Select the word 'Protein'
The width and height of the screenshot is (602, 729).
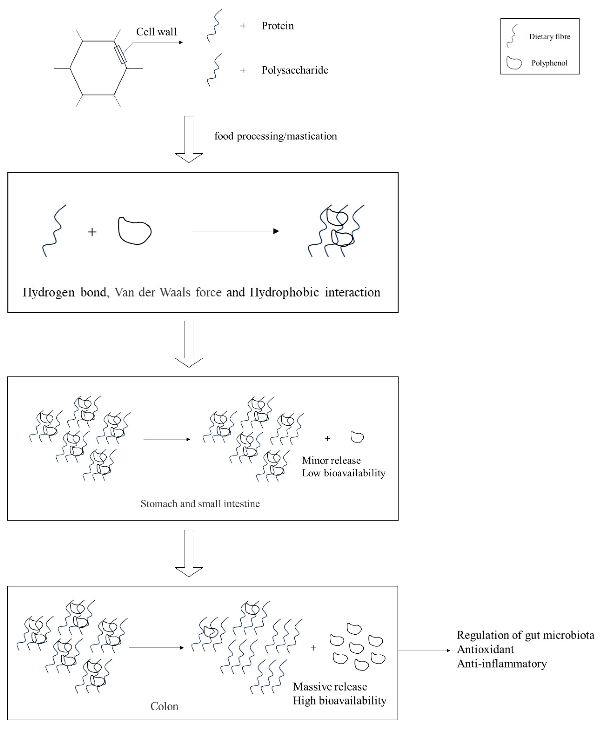pyautogui.click(x=277, y=26)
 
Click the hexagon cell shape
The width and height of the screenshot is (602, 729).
pyautogui.click(x=98, y=68)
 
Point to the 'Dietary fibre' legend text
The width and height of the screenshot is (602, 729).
pyautogui.click(x=549, y=37)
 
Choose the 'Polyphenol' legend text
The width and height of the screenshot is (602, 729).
pyautogui.click(x=549, y=63)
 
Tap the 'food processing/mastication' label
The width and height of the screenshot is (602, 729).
pyautogui.click(x=275, y=136)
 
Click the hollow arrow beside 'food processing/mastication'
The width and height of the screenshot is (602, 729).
pyautogui.click(x=189, y=139)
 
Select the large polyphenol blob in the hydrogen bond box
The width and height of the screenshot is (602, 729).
pyautogui.click(x=134, y=231)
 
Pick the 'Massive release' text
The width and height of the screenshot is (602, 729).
pyautogui.click(x=330, y=687)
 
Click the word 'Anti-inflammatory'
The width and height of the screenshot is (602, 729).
pyautogui.click(x=501, y=664)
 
